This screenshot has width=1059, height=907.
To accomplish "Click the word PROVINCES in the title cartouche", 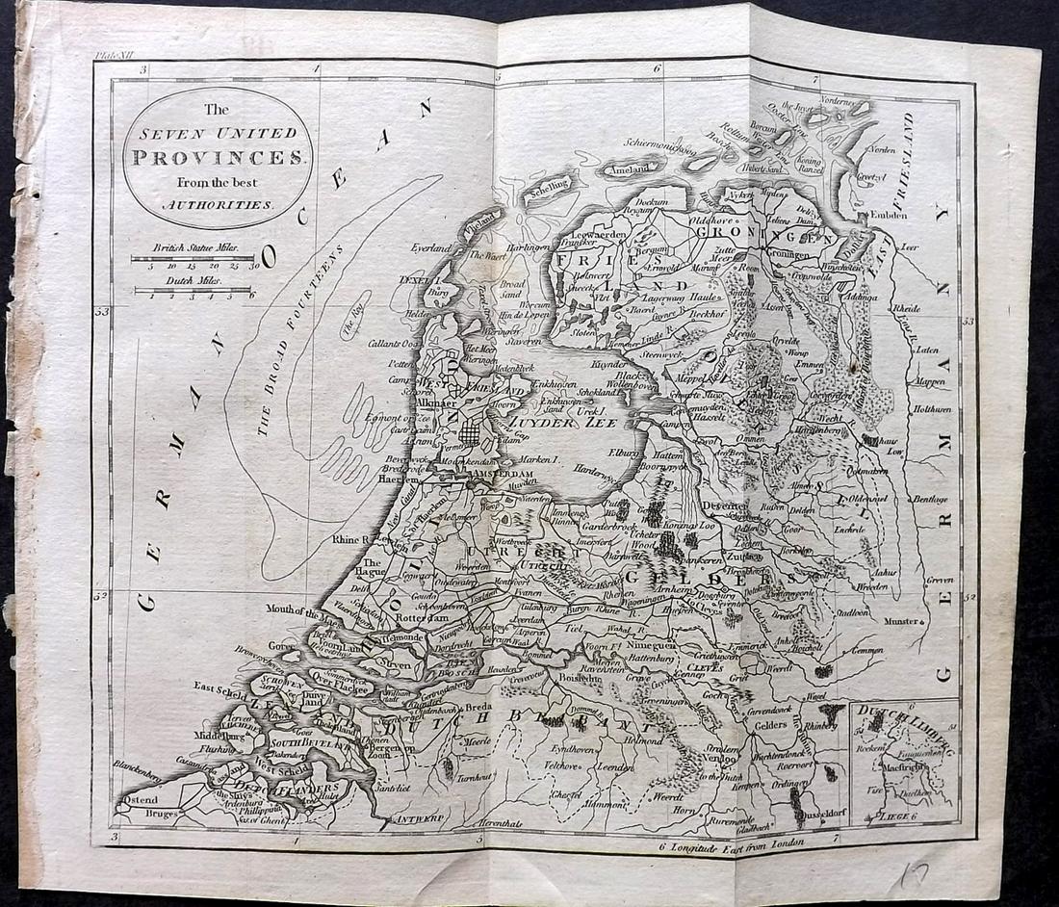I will [x=217, y=157].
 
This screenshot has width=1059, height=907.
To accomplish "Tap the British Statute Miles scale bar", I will [x=193, y=258].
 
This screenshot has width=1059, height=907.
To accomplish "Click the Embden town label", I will [x=899, y=216].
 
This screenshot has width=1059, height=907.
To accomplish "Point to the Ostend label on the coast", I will [x=140, y=801].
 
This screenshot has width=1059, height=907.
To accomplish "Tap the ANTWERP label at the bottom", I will [x=416, y=819].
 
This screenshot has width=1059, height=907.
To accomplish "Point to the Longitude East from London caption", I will [x=737, y=846].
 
